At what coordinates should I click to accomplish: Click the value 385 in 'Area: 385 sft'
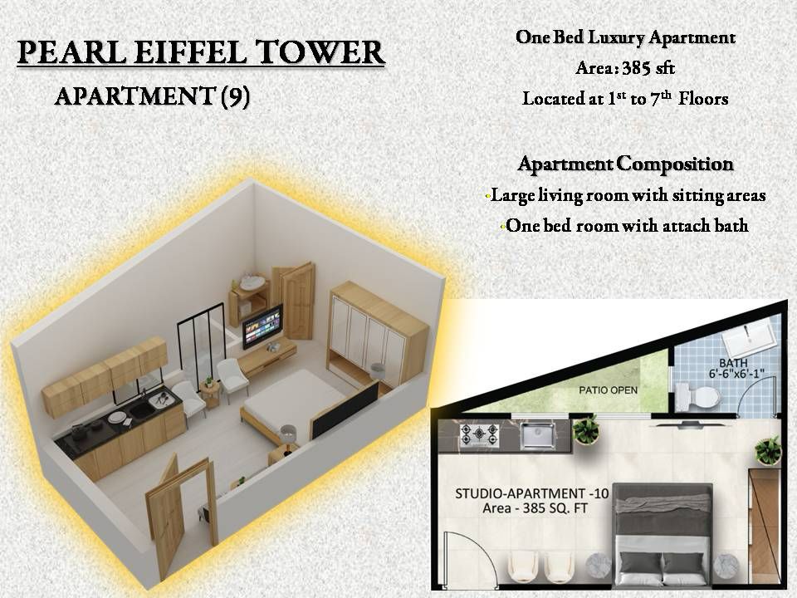point(638,67)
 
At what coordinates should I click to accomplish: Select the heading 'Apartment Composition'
point(625,164)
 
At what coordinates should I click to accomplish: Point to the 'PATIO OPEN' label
point(608,390)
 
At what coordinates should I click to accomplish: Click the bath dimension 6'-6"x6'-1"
point(736,375)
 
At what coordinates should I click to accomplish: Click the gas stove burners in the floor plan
point(479,436)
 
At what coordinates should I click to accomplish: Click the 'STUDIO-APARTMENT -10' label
point(531,493)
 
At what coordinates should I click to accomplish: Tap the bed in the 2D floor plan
point(663,532)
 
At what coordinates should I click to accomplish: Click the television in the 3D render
point(262,326)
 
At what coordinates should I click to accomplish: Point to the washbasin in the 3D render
point(252,282)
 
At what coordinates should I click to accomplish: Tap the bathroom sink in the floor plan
point(751,339)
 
